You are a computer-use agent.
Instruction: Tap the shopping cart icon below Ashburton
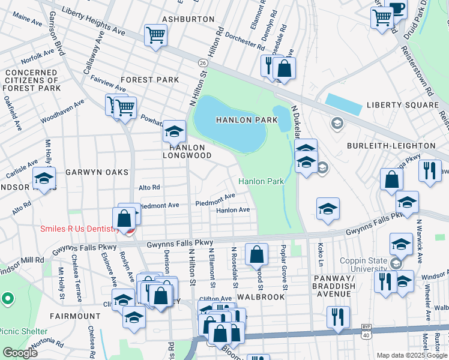(x=155, y=35)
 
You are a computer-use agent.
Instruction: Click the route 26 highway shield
(x=203, y=62)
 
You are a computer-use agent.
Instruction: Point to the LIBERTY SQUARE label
(x=403, y=105)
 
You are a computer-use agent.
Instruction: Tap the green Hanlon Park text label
(x=261, y=181)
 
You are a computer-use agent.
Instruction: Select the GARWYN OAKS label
(x=97, y=172)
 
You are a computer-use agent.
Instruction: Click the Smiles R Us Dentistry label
(x=78, y=229)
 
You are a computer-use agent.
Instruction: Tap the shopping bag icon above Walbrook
(x=256, y=254)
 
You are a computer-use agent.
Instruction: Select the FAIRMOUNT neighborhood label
(x=76, y=316)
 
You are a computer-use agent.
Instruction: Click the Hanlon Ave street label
(x=233, y=210)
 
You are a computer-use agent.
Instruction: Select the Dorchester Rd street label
(x=244, y=42)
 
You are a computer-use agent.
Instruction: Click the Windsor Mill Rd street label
(x=22, y=262)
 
